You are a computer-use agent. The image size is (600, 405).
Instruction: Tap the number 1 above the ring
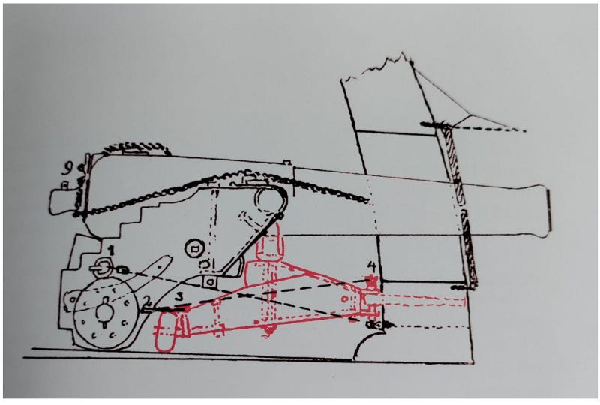point(111,250)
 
